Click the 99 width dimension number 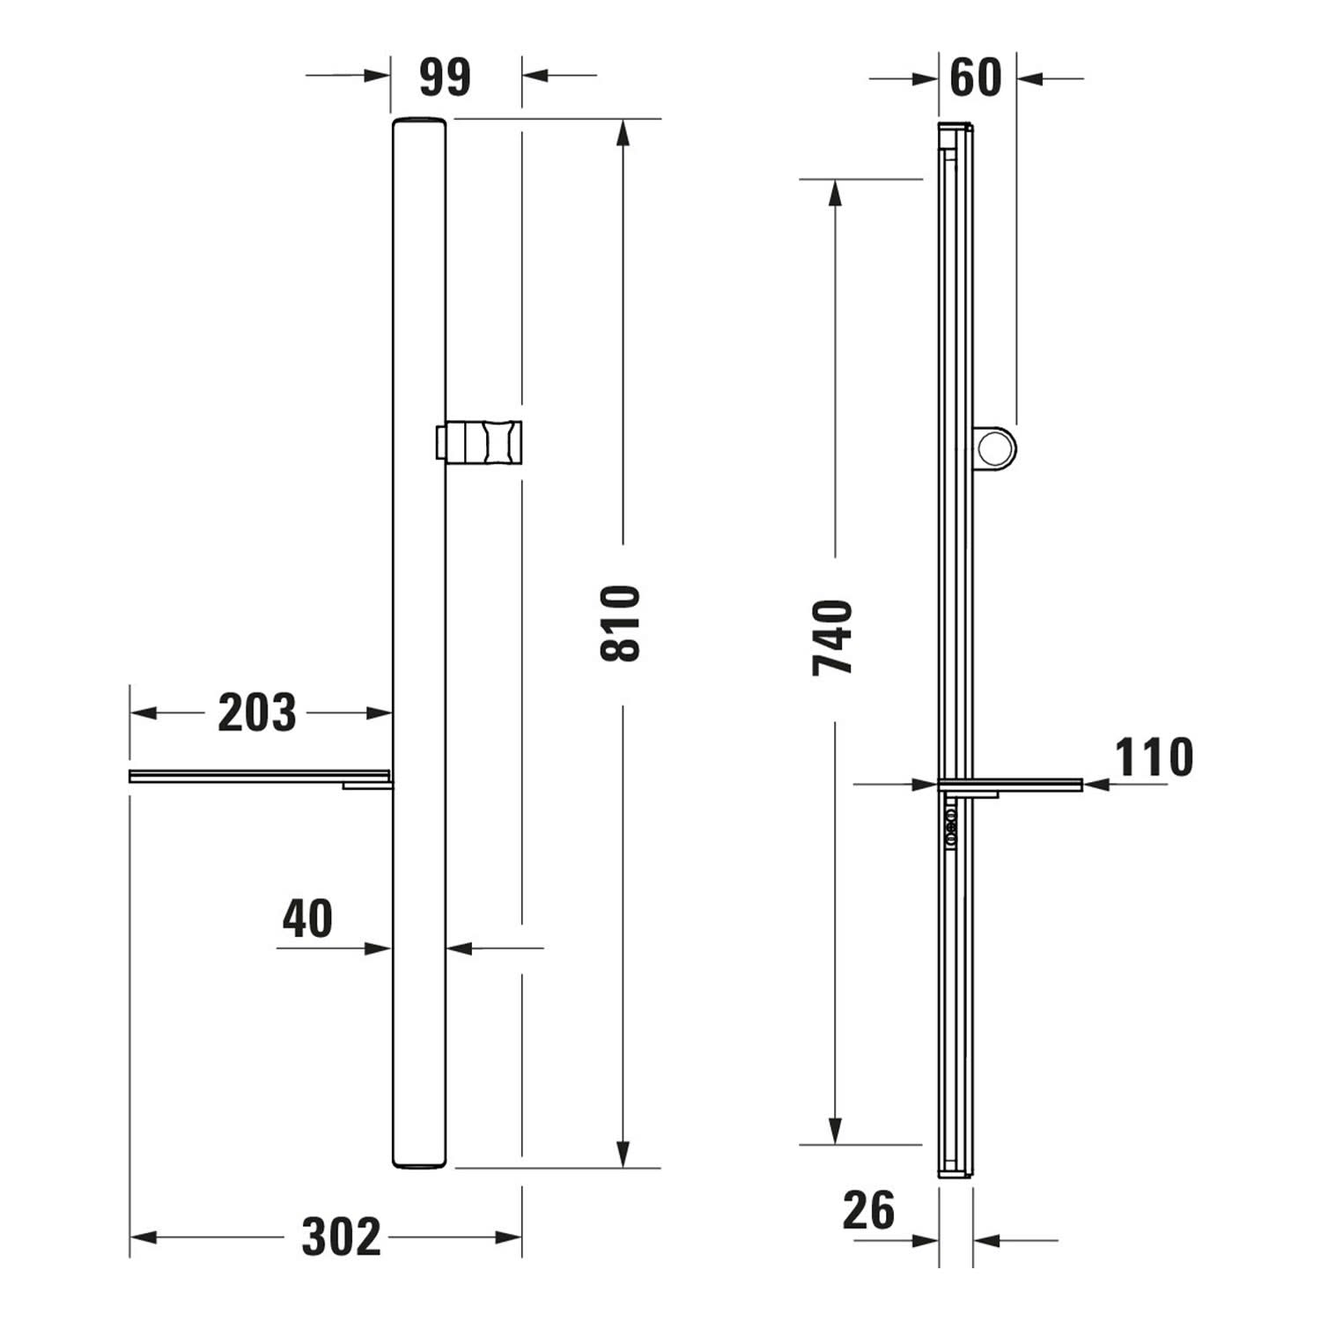point(445,77)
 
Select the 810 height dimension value point(620,624)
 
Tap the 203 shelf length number point(257,713)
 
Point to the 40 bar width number point(307,919)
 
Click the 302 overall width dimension point(342,1237)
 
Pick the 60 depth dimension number point(976,77)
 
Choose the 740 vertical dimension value point(833,638)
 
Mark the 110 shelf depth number point(1154,757)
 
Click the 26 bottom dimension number point(868,1210)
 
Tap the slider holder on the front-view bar point(480,441)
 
